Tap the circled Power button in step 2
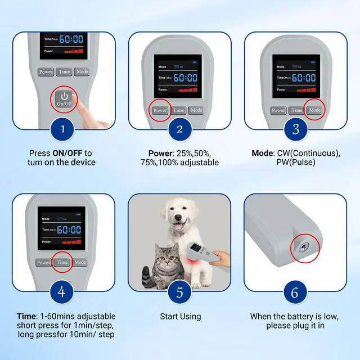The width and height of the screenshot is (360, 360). click(160, 110)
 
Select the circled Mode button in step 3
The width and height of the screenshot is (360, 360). click(314, 110)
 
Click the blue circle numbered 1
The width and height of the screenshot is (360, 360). click(63, 130)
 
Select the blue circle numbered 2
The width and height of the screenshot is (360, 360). click(179, 130)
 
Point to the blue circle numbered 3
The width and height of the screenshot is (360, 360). click(295, 130)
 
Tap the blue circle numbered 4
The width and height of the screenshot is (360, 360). click(63, 292)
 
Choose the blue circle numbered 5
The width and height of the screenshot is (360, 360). click(179, 292)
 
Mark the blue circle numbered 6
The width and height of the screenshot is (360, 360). click(295, 292)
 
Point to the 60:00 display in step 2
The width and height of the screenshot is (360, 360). click(185, 78)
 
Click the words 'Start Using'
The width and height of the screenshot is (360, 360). click(180, 317)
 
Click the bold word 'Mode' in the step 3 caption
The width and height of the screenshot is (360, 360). click(262, 153)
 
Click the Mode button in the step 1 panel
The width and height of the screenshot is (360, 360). click(82, 71)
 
